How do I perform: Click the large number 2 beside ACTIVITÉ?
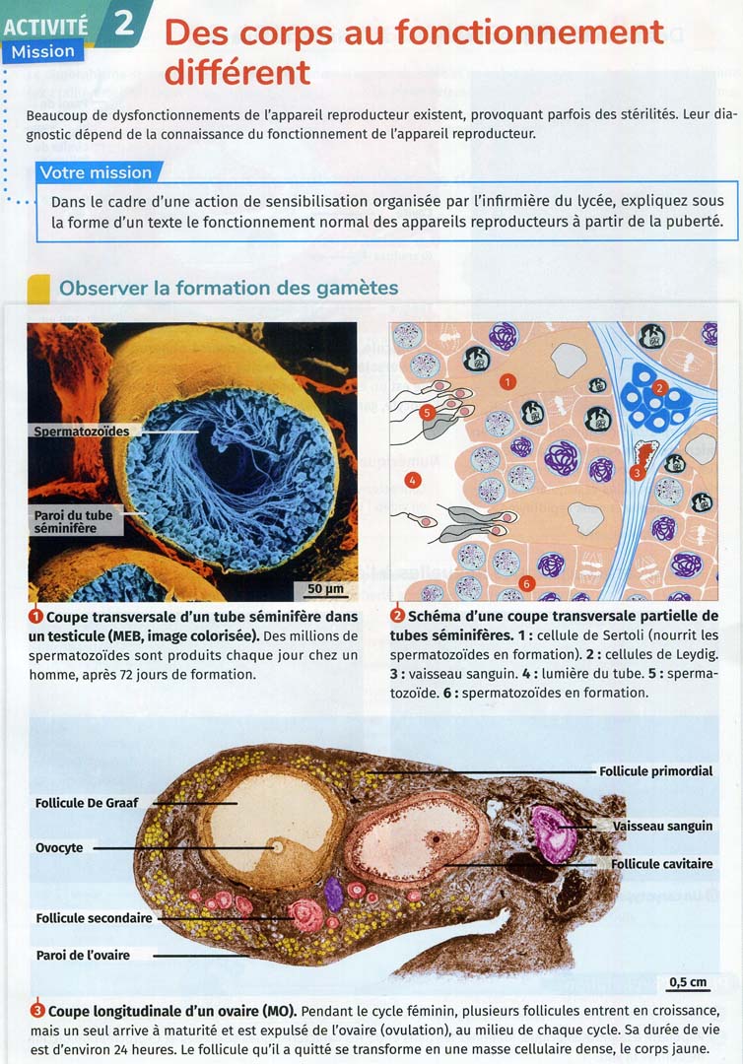pyautogui.click(x=124, y=22)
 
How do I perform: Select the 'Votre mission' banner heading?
pyautogui.click(x=96, y=172)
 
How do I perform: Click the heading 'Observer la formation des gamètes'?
pyautogui.click(x=229, y=288)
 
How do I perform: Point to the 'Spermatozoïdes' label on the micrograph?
pyautogui.click(x=81, y=431)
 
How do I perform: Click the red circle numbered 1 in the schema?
pyautogui.click(x=507, y=380)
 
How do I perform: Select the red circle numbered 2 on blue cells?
pyautogui.click(x=660, y=388)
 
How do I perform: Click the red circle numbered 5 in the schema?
pyautogui.click(x=427, y=412)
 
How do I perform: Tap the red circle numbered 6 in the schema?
pyautogui.click(x=527, y=583)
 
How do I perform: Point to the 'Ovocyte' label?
pyautogui.click(x=59, y=847)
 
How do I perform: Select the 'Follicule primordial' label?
pyautogui.click(x=655, y=771)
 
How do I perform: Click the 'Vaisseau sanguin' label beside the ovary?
pyautogui.click(x=662, y=826)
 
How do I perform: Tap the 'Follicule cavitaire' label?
pyautogui.click(x=661, y=864)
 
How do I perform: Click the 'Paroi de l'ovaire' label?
pyautogui.click(x=83, y=955)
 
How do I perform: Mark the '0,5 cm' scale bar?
pyautogui.click(x=688, y=982)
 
